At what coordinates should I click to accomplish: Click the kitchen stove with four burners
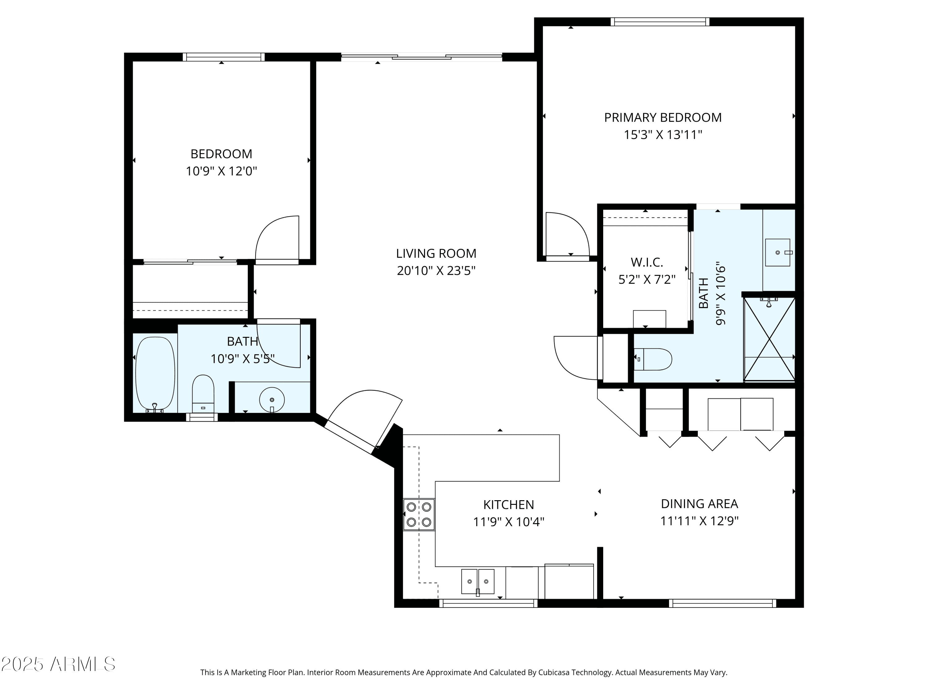(419, 515)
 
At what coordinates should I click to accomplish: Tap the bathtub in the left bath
(155, 373)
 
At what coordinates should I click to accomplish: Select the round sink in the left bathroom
(272, 400)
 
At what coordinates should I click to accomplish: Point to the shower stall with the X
(769, 339)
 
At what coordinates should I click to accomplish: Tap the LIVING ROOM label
(436, 253)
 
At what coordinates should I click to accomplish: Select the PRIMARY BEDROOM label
(663, 118)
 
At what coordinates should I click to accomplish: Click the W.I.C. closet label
(647, 262)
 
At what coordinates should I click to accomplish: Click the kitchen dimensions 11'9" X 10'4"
(509, 522)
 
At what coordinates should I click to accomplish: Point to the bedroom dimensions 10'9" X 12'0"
(221, 171)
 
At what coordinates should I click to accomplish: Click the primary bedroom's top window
(660, 22)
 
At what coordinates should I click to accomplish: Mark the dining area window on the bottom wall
(722, 603)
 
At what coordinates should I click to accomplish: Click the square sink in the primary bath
(778, 252)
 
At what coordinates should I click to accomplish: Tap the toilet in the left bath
(203, 393)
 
